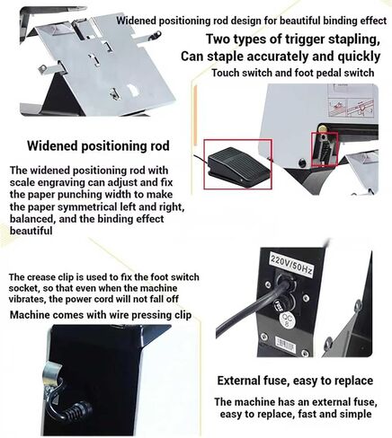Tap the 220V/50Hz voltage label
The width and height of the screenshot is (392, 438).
pos(291,264)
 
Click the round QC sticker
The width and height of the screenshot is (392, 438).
pos(286,320)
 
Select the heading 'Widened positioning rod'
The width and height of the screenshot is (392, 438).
pos(98,145)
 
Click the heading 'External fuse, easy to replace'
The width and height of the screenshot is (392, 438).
pos(295,381)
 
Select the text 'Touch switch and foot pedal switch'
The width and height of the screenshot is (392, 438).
pos(293,73)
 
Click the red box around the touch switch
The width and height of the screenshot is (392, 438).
pos(325,149)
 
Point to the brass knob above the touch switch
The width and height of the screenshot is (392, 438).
pos(323,127)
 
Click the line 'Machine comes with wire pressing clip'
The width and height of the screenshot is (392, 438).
pos(101,315)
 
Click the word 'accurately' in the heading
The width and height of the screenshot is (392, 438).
pos(277,57)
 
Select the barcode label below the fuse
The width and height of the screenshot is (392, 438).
pos(285,345)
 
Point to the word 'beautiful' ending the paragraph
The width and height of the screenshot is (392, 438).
pos(31,231)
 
